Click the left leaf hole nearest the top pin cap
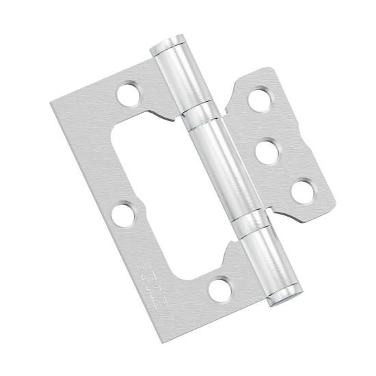[126, 94]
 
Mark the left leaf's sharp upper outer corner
[50, 104]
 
